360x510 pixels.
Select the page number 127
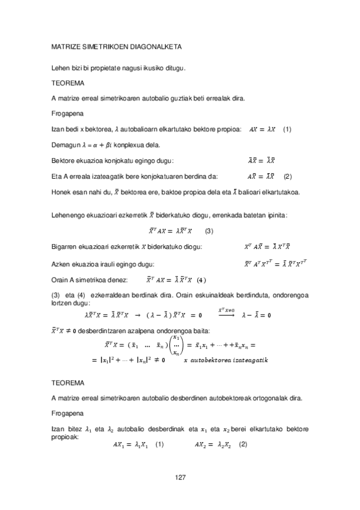[x=180, y=478]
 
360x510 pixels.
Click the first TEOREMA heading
[x=68, y=82]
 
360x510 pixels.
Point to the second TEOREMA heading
[x=68, y=382]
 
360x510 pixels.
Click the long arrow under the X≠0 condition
[x=226, y=315]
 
